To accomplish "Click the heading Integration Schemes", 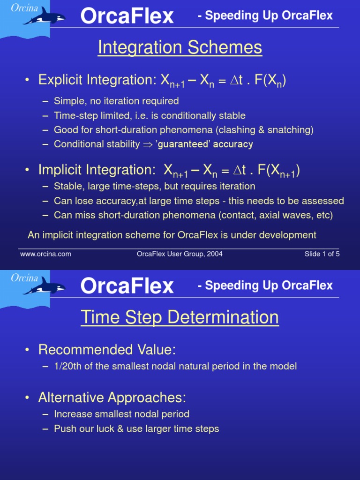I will pyautogui.click(x=180, y=47).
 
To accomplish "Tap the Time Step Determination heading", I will pyautogui.click(x=180, y=317).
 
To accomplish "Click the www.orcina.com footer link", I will pyautogui.click(x=45, y=254).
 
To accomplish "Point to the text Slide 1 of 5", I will pyautogui.click(x=322, y=254).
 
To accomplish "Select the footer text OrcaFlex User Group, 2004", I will pyautogui.click(x=180, y=254).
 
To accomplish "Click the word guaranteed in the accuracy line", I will pyautogui.click(x=183, y=144).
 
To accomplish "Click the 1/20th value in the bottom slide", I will pyautogui.click(x=68, y=367).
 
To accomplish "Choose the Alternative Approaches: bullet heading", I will pyautogui.click(x=112, y=397).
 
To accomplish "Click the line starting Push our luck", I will pyautogui.click(x=136, y=428).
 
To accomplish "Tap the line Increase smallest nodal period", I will pyautogui.click(x=121, y=414).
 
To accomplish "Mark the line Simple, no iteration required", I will pyautogui.click(x=116, y=101).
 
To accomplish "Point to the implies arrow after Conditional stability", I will pyautogui.click(x=148, y=144).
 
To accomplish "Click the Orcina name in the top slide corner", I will pyautogui.click(x=24, y=8).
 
